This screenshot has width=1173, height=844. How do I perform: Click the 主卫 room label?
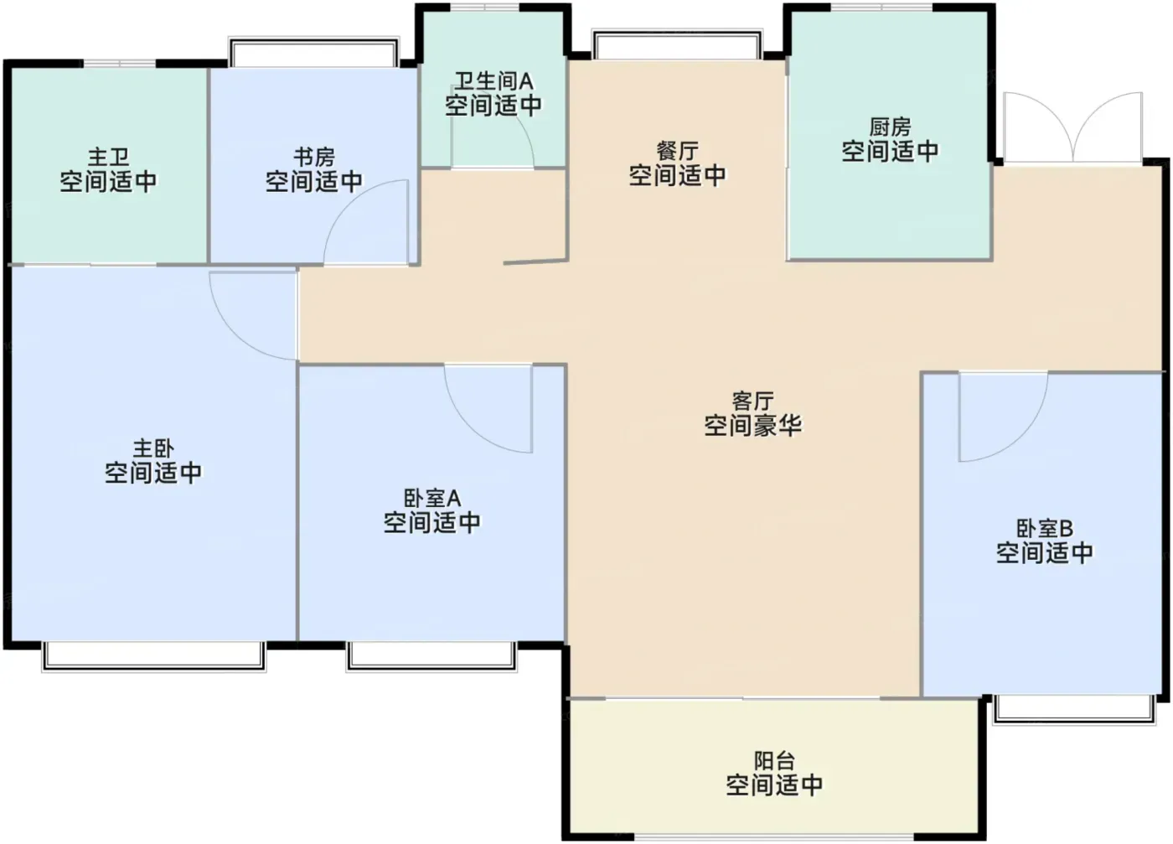[108, 157]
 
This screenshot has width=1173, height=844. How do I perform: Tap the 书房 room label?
[314, 157]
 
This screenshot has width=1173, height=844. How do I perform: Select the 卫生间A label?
[493, 81]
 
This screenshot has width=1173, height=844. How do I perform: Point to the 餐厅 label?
[678, 151]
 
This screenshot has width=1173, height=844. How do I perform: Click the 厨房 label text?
[890, 127]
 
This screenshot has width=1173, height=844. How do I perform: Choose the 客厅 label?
[753, 401]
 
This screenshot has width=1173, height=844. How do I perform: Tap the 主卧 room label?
[153, 448]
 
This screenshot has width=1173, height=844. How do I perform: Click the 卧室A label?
[432, 498]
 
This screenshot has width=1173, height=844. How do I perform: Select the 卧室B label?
[1045, 528]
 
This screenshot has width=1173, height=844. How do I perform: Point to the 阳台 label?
[774, 760]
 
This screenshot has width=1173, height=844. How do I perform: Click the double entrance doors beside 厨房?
[1072, 127]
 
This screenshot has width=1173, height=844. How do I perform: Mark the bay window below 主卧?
[154, 656]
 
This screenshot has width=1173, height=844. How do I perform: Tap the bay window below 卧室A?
[432, 656]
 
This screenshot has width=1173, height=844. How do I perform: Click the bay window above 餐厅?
[677, 44]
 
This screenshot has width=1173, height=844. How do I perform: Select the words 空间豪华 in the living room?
[753, 426]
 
